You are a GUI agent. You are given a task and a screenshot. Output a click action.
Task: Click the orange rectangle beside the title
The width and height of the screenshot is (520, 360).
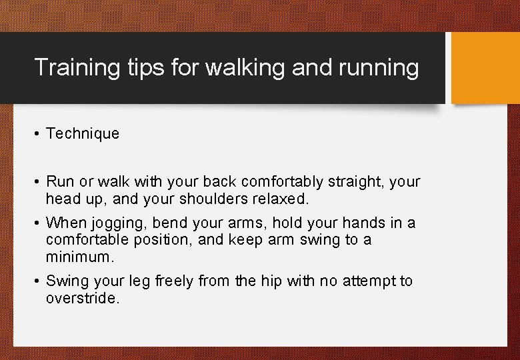[485, 68]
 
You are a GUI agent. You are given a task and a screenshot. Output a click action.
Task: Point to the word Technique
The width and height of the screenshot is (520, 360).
[83, 133]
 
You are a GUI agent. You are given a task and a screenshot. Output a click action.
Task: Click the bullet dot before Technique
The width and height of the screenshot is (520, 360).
[37, 134]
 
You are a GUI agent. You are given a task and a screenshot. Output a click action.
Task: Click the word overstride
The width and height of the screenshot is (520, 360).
[83, 298]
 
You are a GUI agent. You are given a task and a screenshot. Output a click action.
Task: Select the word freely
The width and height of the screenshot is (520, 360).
[175, 281]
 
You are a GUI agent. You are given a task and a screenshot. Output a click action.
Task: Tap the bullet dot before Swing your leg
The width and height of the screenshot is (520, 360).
[37, 281]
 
